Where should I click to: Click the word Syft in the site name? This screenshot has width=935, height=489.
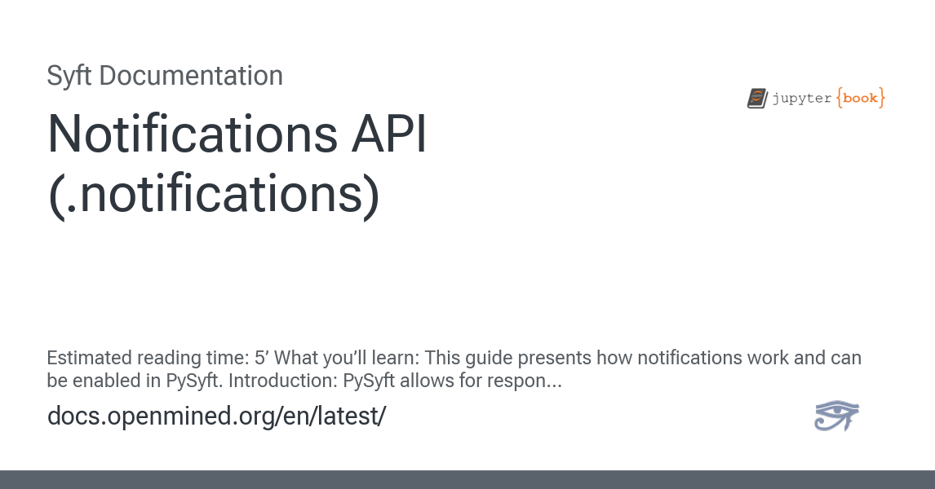pyautogui.click(x=69, y=76)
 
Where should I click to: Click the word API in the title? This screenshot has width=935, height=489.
pyautogui.click(x=388, y=134)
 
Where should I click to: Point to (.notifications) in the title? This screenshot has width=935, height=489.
pyautogui.click(x=214, y=196)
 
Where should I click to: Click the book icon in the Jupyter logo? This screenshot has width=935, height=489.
pyautogui.click(x=756, y=99)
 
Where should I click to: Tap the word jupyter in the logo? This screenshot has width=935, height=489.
pyautogui.click(x=801, y=99)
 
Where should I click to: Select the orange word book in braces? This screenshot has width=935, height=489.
pyautogui.click(x=860, y=99)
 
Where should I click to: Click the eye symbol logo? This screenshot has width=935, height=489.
pyautogui.click(x=836, y=416)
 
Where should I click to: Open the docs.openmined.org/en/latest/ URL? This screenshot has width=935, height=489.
pyautogui.click(x=216, y=416)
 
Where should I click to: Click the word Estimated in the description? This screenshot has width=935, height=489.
pyautogui.click(x=89, y=359)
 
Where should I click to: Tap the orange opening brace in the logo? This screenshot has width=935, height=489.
pyautogui.click(x=839, y=99)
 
